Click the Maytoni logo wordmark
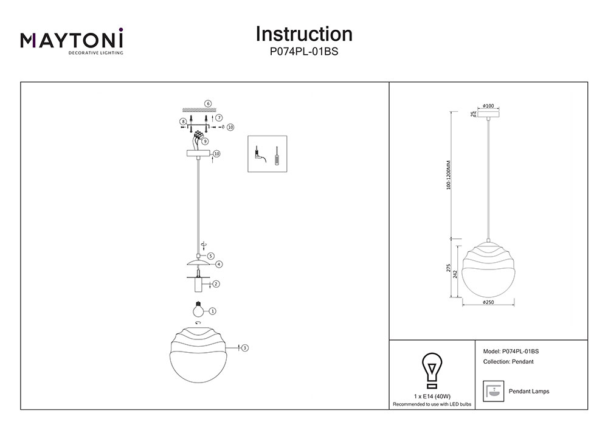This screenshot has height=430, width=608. coord(72,41)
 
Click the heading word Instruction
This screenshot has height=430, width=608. coord(304,33)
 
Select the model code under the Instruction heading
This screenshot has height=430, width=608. coord(304,52)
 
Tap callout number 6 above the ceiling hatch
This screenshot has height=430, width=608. coord(208,103)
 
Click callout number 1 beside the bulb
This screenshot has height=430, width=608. coord(212,311)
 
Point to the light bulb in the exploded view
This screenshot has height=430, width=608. coord(196,308)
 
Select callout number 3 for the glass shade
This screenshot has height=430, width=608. coord(244,348)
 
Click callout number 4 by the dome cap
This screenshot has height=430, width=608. coord(218,265)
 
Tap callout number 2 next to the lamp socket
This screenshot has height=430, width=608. coord(216,283)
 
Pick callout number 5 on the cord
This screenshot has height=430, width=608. coord(210,256)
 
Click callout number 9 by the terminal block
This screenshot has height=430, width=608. coord(206,141)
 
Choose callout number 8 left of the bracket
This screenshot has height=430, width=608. coord(182,122)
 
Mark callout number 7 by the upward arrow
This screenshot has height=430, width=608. coord(219,117)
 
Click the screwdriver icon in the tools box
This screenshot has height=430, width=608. coord(277,155)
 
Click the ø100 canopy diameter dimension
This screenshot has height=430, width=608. coord(488,106)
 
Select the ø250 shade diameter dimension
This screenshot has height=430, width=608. coord(488,302)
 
